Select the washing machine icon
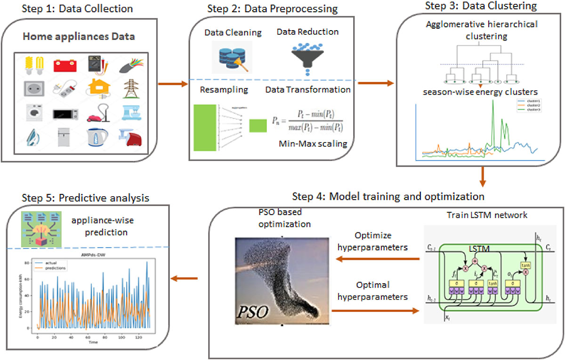pyautogui.click(x=31, y=113)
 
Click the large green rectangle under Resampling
pyautogui.click(x=204, y=128)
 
